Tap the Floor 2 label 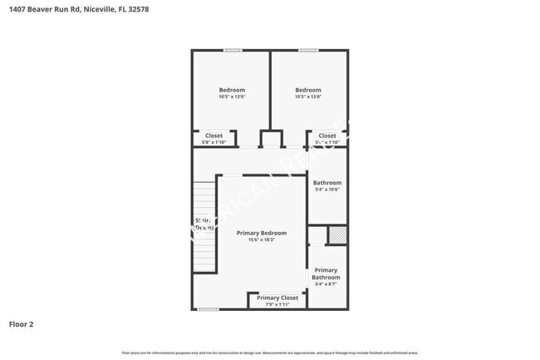(x=22, y=324)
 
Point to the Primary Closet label (x=277, y=298)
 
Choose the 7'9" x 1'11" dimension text (x=277, y=304)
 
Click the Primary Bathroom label (x=326, y=274)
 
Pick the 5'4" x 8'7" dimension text (x=326, y=284)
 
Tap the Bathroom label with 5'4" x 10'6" (x=327, y=183)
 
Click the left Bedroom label (x=232, y=90)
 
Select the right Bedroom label (x=308, y=90)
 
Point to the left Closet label (x=214, y=136)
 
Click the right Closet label (x=327, y=136)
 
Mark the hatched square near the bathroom (x=336, y=235)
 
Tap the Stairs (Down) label (x=204, y=224)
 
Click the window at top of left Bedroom (x=232, y=50)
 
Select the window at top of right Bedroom (x=308, y=50)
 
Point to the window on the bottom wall (x=208, y=309)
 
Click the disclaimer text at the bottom (x=270, y=353)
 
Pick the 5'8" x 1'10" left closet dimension (x=214, y=142)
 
